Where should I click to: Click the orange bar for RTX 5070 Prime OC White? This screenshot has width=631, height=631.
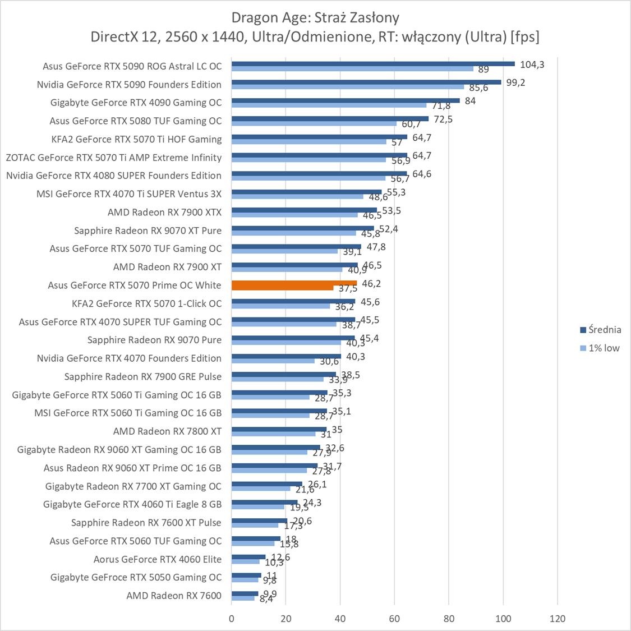tap(294, 283)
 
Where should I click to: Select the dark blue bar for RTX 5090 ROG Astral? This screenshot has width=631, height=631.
tap(373, 63)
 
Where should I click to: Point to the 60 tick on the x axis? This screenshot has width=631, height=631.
tap(394, 619)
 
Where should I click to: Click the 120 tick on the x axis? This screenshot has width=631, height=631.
tap(558, 619)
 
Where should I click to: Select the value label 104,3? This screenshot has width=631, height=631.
tap(532, 65)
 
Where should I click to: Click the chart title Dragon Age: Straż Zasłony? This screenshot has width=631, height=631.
tap(315, 17)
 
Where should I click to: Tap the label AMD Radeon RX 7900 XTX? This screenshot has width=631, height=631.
tap(164, 212)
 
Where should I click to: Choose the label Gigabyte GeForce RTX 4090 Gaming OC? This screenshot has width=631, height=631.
tap(136, 103)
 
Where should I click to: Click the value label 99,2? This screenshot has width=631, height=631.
tap(516, 82)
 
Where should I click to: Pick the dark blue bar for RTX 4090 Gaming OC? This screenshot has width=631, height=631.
tap(346, 100)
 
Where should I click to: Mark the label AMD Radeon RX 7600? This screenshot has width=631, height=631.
tap(174, 596)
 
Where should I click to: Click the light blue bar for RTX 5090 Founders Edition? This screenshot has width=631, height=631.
tap(348, 87)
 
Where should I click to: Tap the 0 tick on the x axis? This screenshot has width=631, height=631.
tap(232, 619)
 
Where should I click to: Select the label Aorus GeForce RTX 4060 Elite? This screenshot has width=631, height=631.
tap(157, 559)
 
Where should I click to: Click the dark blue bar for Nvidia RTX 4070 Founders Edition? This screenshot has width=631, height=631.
tap(286, 356)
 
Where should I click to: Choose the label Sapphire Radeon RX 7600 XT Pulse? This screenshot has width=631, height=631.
tap(146, 523)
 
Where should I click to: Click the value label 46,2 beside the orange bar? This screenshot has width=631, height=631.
tap(371, 284)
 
